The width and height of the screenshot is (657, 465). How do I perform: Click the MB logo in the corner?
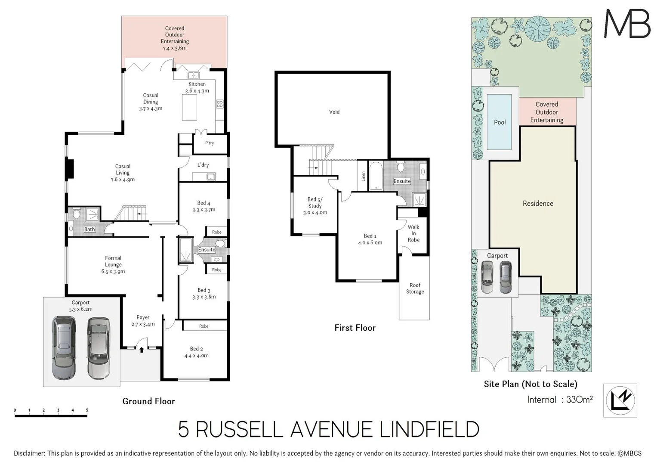[627, 24]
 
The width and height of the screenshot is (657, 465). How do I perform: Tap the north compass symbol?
[620, 400]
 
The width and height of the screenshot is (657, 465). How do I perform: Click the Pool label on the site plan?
[500, 122]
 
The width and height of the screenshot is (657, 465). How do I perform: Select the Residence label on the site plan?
[538, 204]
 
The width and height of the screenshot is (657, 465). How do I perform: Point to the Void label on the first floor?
[334, 112]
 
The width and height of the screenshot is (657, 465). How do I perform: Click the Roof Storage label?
[415, 288]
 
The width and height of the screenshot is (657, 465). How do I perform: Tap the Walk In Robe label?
[413, 233]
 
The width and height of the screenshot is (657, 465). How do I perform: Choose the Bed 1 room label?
[370, 239]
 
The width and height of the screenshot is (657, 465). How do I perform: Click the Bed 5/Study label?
[315, 206]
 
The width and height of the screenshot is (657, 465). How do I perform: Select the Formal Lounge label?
[113, 264]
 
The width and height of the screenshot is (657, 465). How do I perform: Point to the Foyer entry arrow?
[142, 350]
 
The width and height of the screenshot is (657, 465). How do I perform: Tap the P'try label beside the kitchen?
[210, 143]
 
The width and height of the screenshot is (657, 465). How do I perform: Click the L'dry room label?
[203, 165]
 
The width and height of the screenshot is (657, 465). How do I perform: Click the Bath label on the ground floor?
[89, 229]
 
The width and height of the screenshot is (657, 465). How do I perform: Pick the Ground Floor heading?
[148, 401]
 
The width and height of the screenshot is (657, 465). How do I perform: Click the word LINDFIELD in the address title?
[429, 430]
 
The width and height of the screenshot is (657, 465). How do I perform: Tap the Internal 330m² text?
[560, 400]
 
